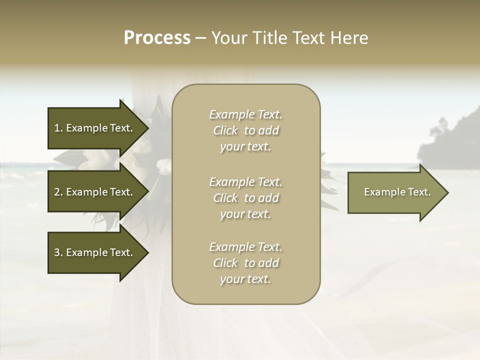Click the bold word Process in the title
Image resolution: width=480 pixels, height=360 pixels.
(x=157, y=38)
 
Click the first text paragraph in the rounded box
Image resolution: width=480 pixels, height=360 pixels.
(x=245, y=130)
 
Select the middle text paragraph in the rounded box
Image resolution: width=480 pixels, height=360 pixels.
(x=245, y=198)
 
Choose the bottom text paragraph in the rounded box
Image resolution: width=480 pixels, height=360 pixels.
(x=245, y=263)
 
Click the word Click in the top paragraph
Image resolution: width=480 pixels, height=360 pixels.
(x=225, y=130)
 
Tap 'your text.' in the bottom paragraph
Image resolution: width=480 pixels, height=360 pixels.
(x=245, y=279)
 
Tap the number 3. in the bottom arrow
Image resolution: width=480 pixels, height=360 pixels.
(x=58, y=252)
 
